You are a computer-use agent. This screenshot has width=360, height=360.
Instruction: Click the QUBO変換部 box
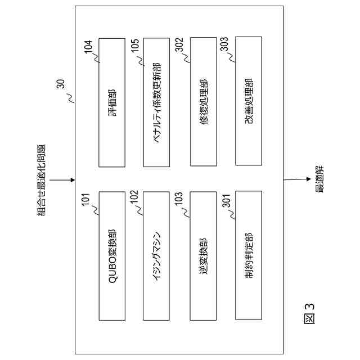click(x=112, y=255)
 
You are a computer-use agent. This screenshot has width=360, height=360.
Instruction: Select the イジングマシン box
click(x=158, y=255)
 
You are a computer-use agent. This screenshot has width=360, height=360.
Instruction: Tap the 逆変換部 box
click(x=204, y=255)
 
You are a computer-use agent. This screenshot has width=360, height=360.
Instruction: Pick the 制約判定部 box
click(x=249, y=255)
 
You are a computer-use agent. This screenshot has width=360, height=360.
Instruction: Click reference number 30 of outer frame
click(x=60, y=85)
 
